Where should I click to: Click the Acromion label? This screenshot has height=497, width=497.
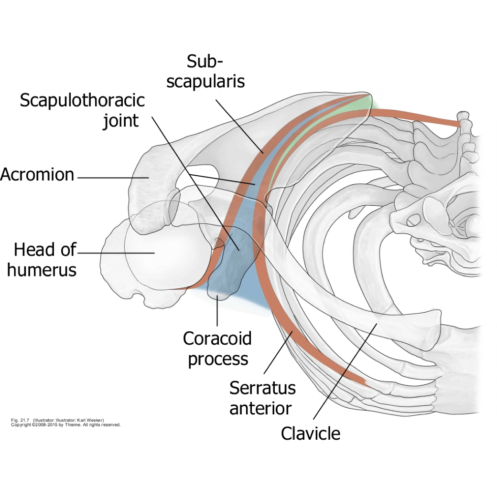(37, 175)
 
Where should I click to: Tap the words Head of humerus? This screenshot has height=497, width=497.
(42, 260)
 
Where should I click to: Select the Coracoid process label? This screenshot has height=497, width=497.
(217, 349)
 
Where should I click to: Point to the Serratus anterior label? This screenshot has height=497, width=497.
(262, 398)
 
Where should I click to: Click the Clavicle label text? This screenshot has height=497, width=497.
(310, 434)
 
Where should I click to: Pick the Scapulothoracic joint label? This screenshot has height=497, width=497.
(82, 110)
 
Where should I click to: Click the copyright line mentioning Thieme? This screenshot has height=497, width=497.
(65, 424)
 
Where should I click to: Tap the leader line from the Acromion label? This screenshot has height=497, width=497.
(112, 178)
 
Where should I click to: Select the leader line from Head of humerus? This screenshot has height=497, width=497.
(115, 253)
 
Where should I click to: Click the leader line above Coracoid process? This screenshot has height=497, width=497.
(217, 313)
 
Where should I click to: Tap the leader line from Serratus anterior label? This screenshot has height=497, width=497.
(277, 353)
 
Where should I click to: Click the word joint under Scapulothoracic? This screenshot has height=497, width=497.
(121, 120)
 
